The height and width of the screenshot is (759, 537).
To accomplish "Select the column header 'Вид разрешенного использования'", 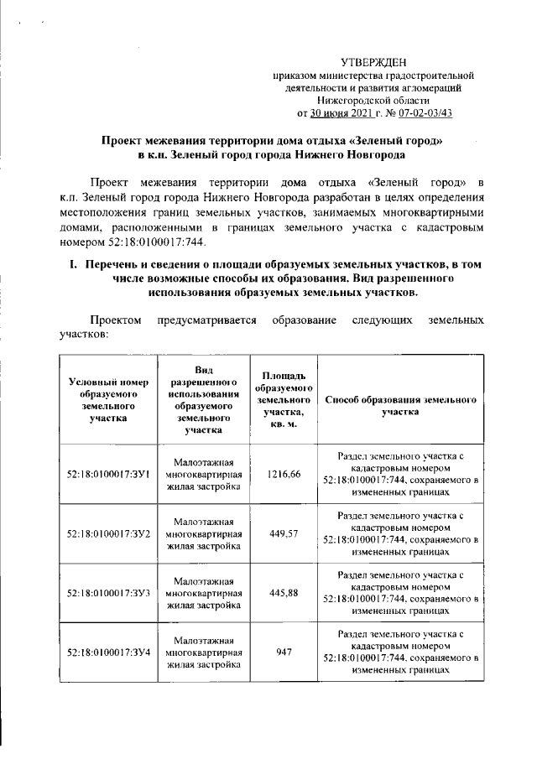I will point(205,399).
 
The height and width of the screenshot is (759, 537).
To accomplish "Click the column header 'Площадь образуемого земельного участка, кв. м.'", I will point(284,399).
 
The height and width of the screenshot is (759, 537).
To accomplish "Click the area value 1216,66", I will point(284,475).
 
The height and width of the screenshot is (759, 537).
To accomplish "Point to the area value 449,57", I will point(284,533).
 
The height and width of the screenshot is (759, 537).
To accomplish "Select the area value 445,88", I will point(284,593).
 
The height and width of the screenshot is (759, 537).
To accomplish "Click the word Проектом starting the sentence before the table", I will point(118,321).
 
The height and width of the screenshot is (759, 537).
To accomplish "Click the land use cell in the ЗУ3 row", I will point(205,593).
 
